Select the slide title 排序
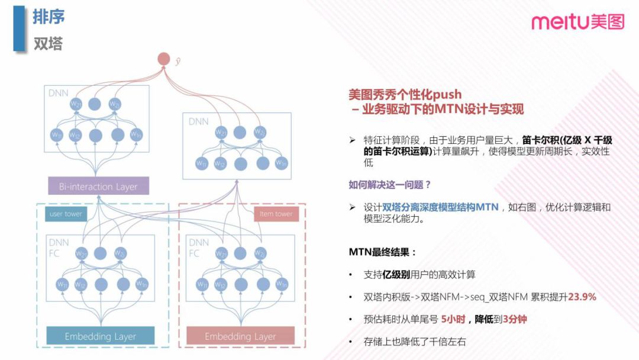click(x=49, y=17)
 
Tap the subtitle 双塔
click(x=48, y=44)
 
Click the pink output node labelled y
click(x=164, y=59)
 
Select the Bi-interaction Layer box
click(x=98, y=187)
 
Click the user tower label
click(x=65, y=214)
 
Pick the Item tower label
click(x=276, y=214)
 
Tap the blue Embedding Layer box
click(x=101, y=336)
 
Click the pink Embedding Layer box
click(x=240, y=336)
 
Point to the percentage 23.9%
click(x=582, y=297)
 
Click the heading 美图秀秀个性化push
click(x=405, y=94)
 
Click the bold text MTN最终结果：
click(x=383, y=252)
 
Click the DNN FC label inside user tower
click(x=57, y=247)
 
